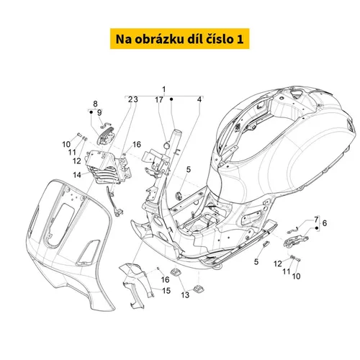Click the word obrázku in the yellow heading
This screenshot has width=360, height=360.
158,39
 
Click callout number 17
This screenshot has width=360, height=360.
159,99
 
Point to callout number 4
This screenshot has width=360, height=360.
199,99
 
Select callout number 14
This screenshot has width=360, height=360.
77,175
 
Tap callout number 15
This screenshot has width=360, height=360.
166,291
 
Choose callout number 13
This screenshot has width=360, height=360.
185,295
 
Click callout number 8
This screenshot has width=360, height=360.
95,104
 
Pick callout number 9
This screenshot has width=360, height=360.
99,113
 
